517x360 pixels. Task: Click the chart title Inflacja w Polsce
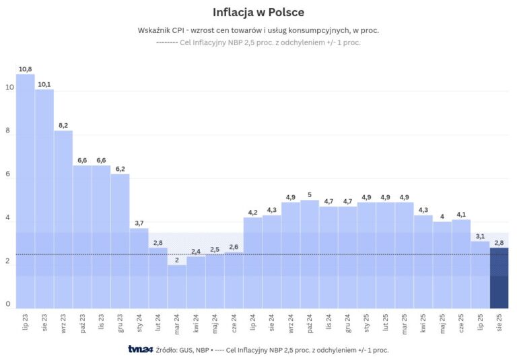[x=258, y=12]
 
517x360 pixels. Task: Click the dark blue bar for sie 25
[x=499, y=277]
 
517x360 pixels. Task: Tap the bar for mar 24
[x=177, y=286]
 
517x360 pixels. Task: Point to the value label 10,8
[x=26, y=69]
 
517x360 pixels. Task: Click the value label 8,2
[x=63, y=125]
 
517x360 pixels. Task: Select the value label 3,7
[x=139, y=223]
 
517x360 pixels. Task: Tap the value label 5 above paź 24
[x=310, y=194]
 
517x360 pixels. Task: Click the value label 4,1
[x=461, y=214]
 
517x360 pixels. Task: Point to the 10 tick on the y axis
[x=9, y=87]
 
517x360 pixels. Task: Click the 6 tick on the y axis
[x=9, y=174]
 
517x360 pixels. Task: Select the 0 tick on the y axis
[x=9, y=304]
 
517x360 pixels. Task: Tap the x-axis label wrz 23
[x=63, y=321]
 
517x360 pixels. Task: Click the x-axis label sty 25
[x=367, y=321]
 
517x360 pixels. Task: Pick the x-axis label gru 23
[x=120, y=321]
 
